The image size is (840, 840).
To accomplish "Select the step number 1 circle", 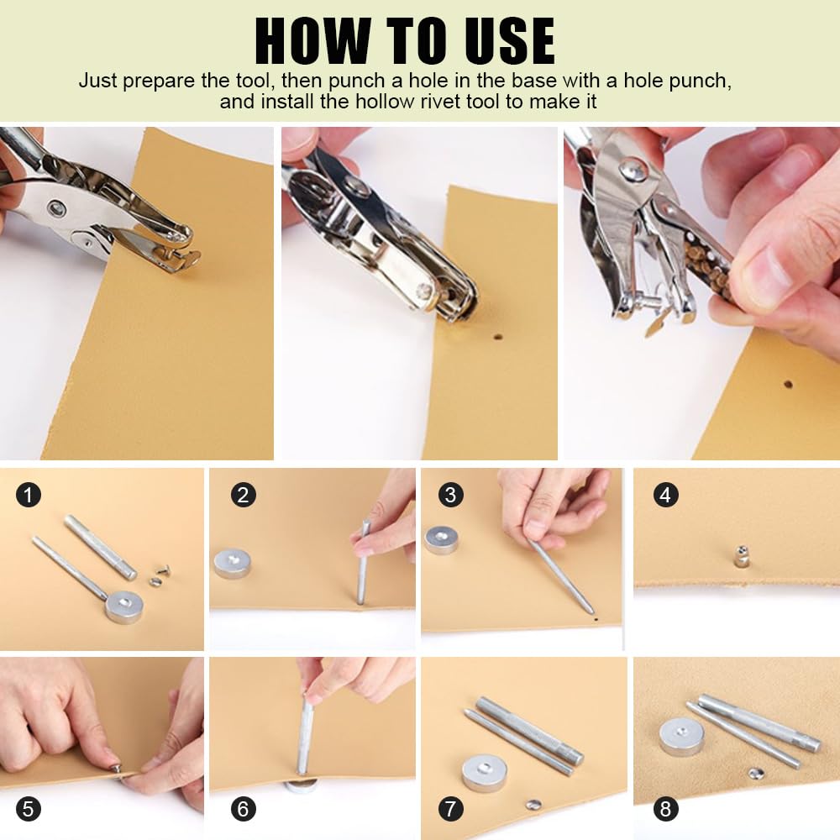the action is (x=29, y=495).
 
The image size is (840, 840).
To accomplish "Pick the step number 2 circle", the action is (x=244, y=495).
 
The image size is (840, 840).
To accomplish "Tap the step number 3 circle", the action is (x=450, y=495).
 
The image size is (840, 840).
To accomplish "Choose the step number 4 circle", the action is (x=665, y=495).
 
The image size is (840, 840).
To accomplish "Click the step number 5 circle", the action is (x=29, y=808).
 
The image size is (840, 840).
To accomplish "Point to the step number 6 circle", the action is (x=244, y=808).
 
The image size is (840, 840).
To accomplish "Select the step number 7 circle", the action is (x=450, y=808).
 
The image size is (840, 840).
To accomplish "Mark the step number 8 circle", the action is (x=665, y=808).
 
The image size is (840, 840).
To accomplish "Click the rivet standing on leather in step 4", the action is (x=741, y=556).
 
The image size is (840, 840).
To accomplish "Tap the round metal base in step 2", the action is (x=232, y=563).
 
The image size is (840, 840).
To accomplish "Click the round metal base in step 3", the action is (x=442, y=540).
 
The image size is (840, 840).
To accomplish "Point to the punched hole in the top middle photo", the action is (x=497, y=338).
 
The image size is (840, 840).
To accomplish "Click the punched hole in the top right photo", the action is (x=788, y=384).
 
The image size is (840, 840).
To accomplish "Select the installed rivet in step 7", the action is (x=533, y=804).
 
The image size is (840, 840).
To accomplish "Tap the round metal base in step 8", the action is (x=681, y=737).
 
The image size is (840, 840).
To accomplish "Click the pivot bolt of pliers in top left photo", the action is (x=55, y=207).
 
